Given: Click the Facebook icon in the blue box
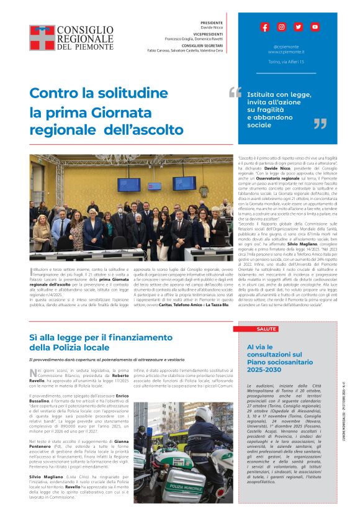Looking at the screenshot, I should pyautogui.click(x=265, y=27).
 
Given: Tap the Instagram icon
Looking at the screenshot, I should pyautogui.click(x=281, y=27).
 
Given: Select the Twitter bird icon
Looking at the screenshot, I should pyautogui.click(x=298, y=27).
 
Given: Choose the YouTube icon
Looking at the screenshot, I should pyautogui.click(x=315, y=27).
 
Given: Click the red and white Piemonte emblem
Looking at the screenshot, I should pyautogui.click(x=43, y=37).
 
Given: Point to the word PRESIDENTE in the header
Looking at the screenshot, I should pyautogui.click(x=212, y=22).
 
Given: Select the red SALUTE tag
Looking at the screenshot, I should pyautogui.click(x=266, y=329).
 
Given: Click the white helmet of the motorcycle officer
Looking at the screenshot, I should pyautogui.click(x=204, y=413).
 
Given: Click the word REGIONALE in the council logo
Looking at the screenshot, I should pyautogui.click(x=86, y=38).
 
